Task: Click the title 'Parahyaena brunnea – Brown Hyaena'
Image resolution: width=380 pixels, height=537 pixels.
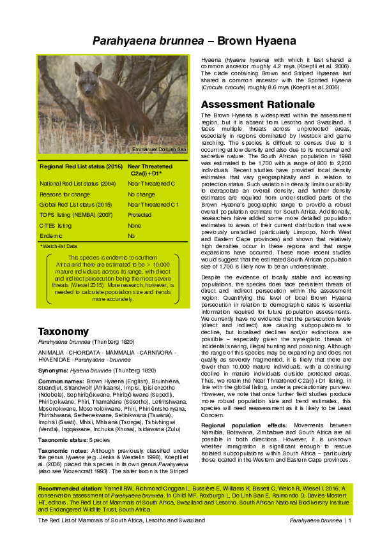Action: (194, 41)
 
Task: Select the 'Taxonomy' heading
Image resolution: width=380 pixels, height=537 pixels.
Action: (63, 332)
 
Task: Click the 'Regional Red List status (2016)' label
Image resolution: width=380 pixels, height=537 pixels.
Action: (81, 166)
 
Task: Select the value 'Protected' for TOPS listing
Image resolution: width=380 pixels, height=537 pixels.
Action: (140, 216)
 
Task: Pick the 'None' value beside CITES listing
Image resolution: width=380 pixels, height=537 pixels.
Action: (134, 226)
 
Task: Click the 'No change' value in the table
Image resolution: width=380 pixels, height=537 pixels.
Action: (141, 195)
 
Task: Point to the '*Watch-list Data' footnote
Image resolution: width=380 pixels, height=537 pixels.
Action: (58, 246)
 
